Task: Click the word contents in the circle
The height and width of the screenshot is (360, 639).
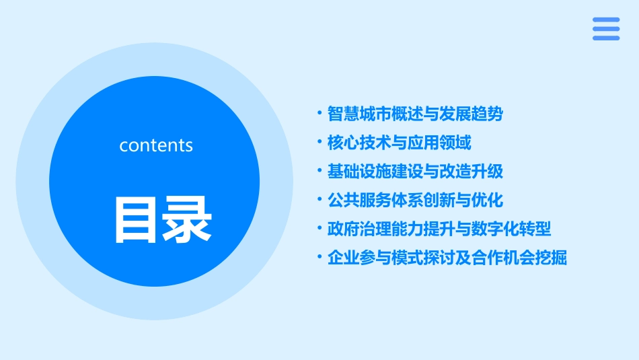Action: [x=156, y=145]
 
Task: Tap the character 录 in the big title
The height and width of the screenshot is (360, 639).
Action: [x=188, y=219]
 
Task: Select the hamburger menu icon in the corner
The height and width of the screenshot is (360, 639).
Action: [x=606, y=29]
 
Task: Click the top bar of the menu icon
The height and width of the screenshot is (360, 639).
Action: [x=606, y=20]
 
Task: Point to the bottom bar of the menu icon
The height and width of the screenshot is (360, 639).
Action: [x=606, y=38]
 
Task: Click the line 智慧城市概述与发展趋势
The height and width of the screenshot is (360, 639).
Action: [x=415, y=114]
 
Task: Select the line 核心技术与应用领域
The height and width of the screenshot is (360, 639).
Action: [x=399, y=143]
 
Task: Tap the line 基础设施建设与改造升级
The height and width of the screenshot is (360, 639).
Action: [x=415, y=172]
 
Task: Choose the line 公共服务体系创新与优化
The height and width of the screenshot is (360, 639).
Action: [x=415, y=201]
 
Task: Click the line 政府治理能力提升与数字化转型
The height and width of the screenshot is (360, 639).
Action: [x=439, y=229]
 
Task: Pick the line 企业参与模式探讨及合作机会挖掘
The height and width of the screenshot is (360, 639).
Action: [x=447, y=258]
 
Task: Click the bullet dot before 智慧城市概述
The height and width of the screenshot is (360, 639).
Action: [x=320, y=113]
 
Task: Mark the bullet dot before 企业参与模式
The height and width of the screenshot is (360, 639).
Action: [x=320, y=258]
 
